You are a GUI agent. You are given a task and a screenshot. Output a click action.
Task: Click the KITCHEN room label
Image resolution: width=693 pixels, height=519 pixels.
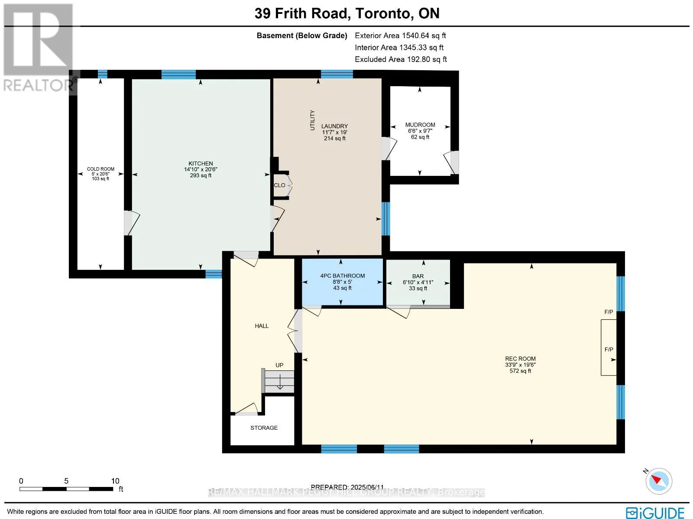coord(201,163)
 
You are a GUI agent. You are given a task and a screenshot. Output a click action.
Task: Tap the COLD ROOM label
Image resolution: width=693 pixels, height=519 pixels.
coord(101,169)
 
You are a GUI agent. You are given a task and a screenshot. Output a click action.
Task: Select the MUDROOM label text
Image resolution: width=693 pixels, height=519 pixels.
coord(420,125)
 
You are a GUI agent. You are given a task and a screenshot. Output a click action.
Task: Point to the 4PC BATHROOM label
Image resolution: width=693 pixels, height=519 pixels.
coord(342,276)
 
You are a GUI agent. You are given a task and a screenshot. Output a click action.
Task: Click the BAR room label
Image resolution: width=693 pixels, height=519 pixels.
coord(418,276)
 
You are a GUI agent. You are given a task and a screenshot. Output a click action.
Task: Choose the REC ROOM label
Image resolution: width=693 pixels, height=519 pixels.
coord(520,359)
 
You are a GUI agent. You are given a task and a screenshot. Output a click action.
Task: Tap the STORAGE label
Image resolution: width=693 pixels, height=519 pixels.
coord(264,428)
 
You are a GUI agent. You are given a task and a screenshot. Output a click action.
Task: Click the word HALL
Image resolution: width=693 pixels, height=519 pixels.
coord(262,326)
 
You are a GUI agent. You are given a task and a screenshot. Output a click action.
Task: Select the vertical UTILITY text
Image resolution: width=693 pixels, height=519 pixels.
coord(312,120)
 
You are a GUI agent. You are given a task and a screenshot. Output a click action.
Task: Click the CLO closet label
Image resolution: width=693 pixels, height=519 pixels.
coord(279,185)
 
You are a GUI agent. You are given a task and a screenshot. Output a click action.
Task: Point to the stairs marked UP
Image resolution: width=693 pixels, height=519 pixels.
coord(279,381)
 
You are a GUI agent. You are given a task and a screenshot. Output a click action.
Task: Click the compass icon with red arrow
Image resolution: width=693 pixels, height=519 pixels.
coord(659,481)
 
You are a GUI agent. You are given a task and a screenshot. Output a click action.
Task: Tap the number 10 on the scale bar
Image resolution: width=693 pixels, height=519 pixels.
coord(115,481)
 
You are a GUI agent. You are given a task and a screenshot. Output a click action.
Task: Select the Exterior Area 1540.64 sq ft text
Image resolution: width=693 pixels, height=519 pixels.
coord(400,36)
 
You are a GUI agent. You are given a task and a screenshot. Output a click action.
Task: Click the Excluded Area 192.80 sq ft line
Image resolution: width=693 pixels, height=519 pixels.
coord(401,59)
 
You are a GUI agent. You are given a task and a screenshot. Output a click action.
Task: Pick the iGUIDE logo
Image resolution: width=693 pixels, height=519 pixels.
coord(655,512)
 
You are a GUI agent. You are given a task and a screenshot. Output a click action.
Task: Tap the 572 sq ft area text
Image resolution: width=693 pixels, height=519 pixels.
coord(520,371)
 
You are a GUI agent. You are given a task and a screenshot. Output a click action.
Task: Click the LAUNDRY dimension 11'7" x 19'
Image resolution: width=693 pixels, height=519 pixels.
coord(334,132)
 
